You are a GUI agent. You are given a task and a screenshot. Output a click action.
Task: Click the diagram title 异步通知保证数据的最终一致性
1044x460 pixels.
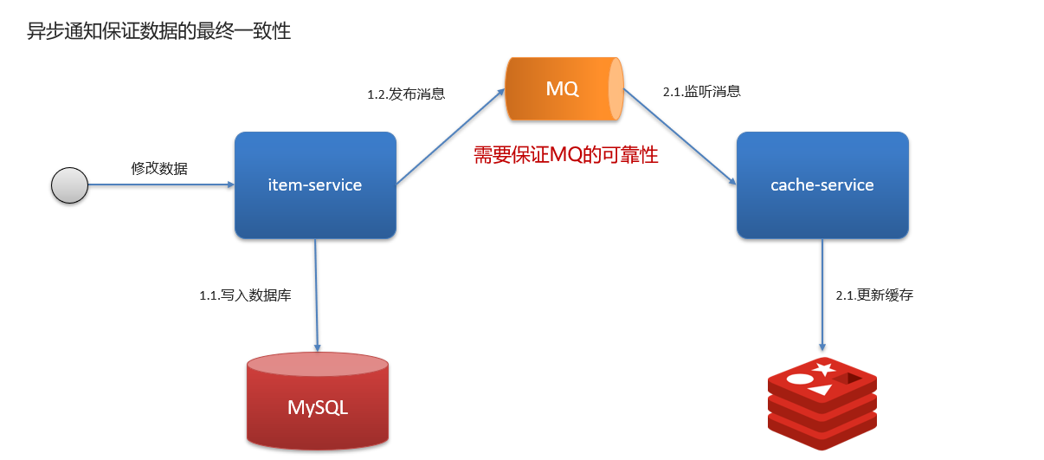tap(159, 31)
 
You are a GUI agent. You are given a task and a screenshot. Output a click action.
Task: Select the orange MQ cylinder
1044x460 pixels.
tap(564, 88)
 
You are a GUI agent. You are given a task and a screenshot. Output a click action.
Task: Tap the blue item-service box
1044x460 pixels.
tap(315, 185)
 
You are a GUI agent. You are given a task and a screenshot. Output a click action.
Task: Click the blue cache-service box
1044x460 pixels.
tap(822, 185)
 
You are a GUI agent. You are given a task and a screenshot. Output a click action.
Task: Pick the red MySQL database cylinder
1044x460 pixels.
tap(318, 401)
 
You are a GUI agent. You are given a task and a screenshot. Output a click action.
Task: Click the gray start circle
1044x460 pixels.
tap(69, 185)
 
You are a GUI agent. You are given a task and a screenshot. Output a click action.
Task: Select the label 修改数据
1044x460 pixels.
tap(159, 168)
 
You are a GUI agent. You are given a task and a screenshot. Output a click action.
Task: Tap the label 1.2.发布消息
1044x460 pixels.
tap(406, 94)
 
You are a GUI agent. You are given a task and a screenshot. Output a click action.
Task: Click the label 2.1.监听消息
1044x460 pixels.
tap(702, 92)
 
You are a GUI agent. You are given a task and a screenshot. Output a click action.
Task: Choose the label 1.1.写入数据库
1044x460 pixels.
tap(245, 295)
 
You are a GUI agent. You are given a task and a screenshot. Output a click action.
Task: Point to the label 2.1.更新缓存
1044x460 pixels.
tap(874, 295)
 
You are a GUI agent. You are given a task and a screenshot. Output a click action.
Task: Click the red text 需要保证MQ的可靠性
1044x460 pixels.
tap(566, 155)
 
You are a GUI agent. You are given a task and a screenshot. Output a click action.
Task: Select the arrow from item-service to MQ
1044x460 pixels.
tap(451, 137)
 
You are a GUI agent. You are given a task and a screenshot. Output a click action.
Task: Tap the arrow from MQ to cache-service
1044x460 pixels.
tap(680, 137)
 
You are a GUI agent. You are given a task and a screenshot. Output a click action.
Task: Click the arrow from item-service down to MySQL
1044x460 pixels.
tap(317, 295)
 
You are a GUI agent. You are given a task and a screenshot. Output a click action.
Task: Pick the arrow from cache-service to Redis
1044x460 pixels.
tap(822, 295)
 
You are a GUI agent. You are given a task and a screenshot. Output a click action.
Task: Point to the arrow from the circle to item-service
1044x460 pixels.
tap(161, 185)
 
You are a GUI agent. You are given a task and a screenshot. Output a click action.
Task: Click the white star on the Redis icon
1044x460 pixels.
tap(824, 368)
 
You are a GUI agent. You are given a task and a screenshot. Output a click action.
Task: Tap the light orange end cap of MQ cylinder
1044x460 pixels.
tap(616, 88)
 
